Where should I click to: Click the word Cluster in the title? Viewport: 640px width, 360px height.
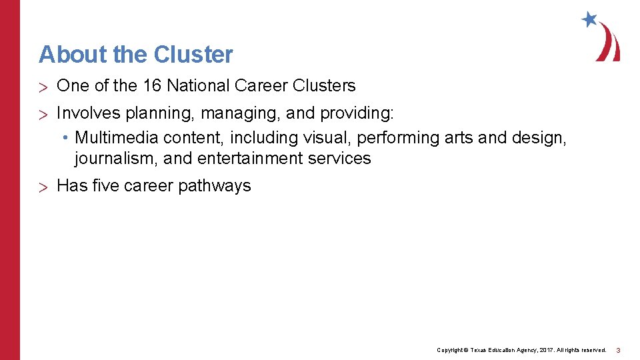coord(193,55)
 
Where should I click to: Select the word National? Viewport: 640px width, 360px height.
coord(197,86)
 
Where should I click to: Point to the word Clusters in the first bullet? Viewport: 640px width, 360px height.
coord(323,86)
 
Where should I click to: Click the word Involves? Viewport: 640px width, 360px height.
coord(84,114)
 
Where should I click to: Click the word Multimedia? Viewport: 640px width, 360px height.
coord(117,138)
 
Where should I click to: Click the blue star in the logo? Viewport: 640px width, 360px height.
coord(589,19)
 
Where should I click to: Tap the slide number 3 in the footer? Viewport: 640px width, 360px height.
coord(618,350)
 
